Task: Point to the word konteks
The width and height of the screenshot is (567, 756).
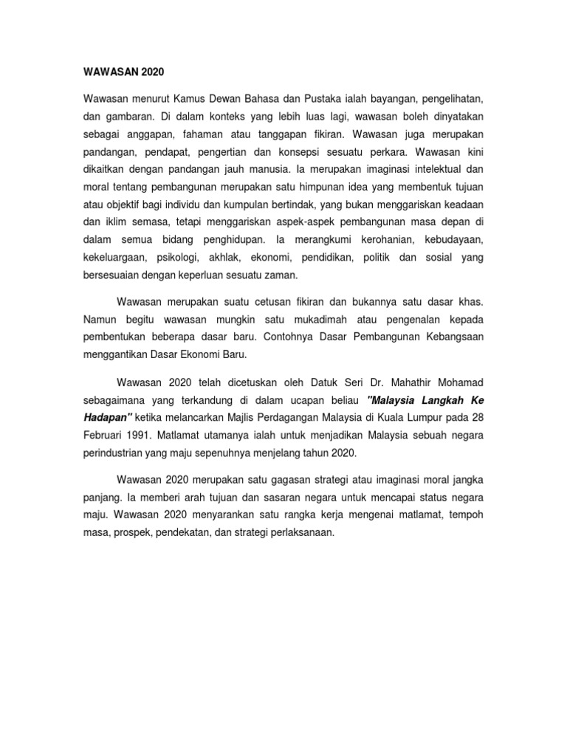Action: (227, 117)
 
